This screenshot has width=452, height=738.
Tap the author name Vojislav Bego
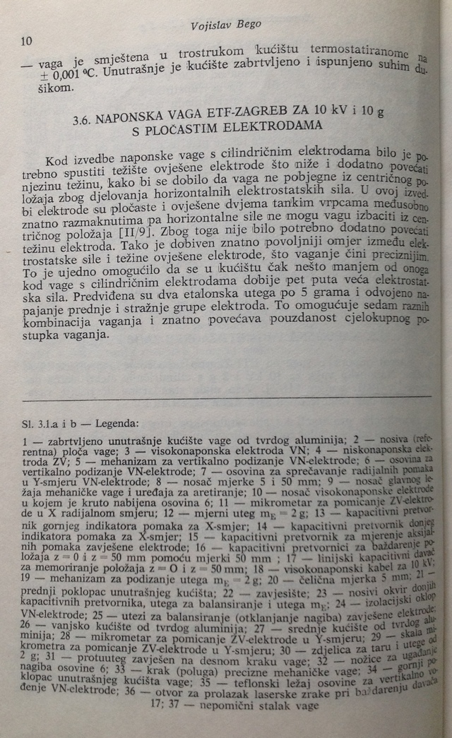tap(226, 25)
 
